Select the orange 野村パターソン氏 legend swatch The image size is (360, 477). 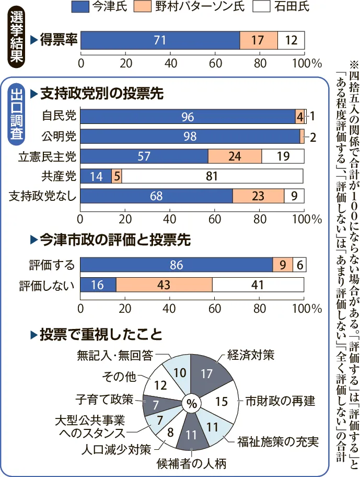point(163,7)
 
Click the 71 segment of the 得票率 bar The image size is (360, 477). point(160,40)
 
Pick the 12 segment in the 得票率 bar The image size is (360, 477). point(291,40)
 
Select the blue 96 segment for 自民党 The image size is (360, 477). point(188,117)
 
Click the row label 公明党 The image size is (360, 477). point(59,137)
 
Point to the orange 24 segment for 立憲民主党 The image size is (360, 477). point(235,156)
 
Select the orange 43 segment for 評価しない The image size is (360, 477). point(164,285)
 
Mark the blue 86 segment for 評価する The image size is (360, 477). point(177,265)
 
